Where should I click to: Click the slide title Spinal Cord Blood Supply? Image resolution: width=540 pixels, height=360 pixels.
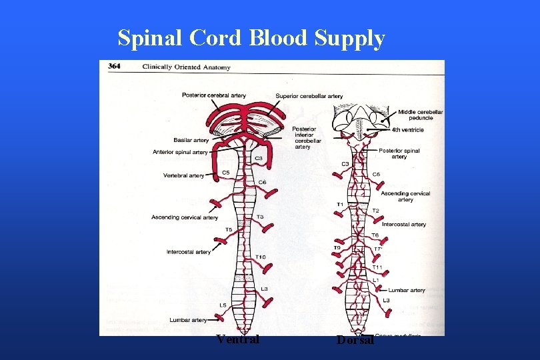pos(251,39)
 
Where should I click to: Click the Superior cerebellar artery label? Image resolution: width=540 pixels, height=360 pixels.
pos(309,96)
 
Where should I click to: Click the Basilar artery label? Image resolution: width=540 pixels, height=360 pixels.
pos(191,140)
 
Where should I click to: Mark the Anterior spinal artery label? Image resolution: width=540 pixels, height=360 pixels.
pos(180,152)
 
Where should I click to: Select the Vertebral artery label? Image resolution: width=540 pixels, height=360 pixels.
pos(183,175)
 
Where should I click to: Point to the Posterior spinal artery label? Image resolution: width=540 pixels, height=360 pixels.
pos(399,153)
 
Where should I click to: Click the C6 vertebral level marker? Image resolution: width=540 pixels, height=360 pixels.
pos(262,182)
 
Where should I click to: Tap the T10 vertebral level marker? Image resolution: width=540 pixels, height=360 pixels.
pos(261,257)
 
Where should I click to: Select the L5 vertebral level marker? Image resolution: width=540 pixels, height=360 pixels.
pos(223,305)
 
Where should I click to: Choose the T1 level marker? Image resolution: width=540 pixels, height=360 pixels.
pos(340,204)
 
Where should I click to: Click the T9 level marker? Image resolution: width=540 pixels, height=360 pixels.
pos(337,248)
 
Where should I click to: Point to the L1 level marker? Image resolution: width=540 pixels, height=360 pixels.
pos(375,279)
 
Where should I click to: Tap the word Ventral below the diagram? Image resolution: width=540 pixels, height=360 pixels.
pos(238,339)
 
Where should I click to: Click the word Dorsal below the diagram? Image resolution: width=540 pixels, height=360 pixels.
pos(355,340)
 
